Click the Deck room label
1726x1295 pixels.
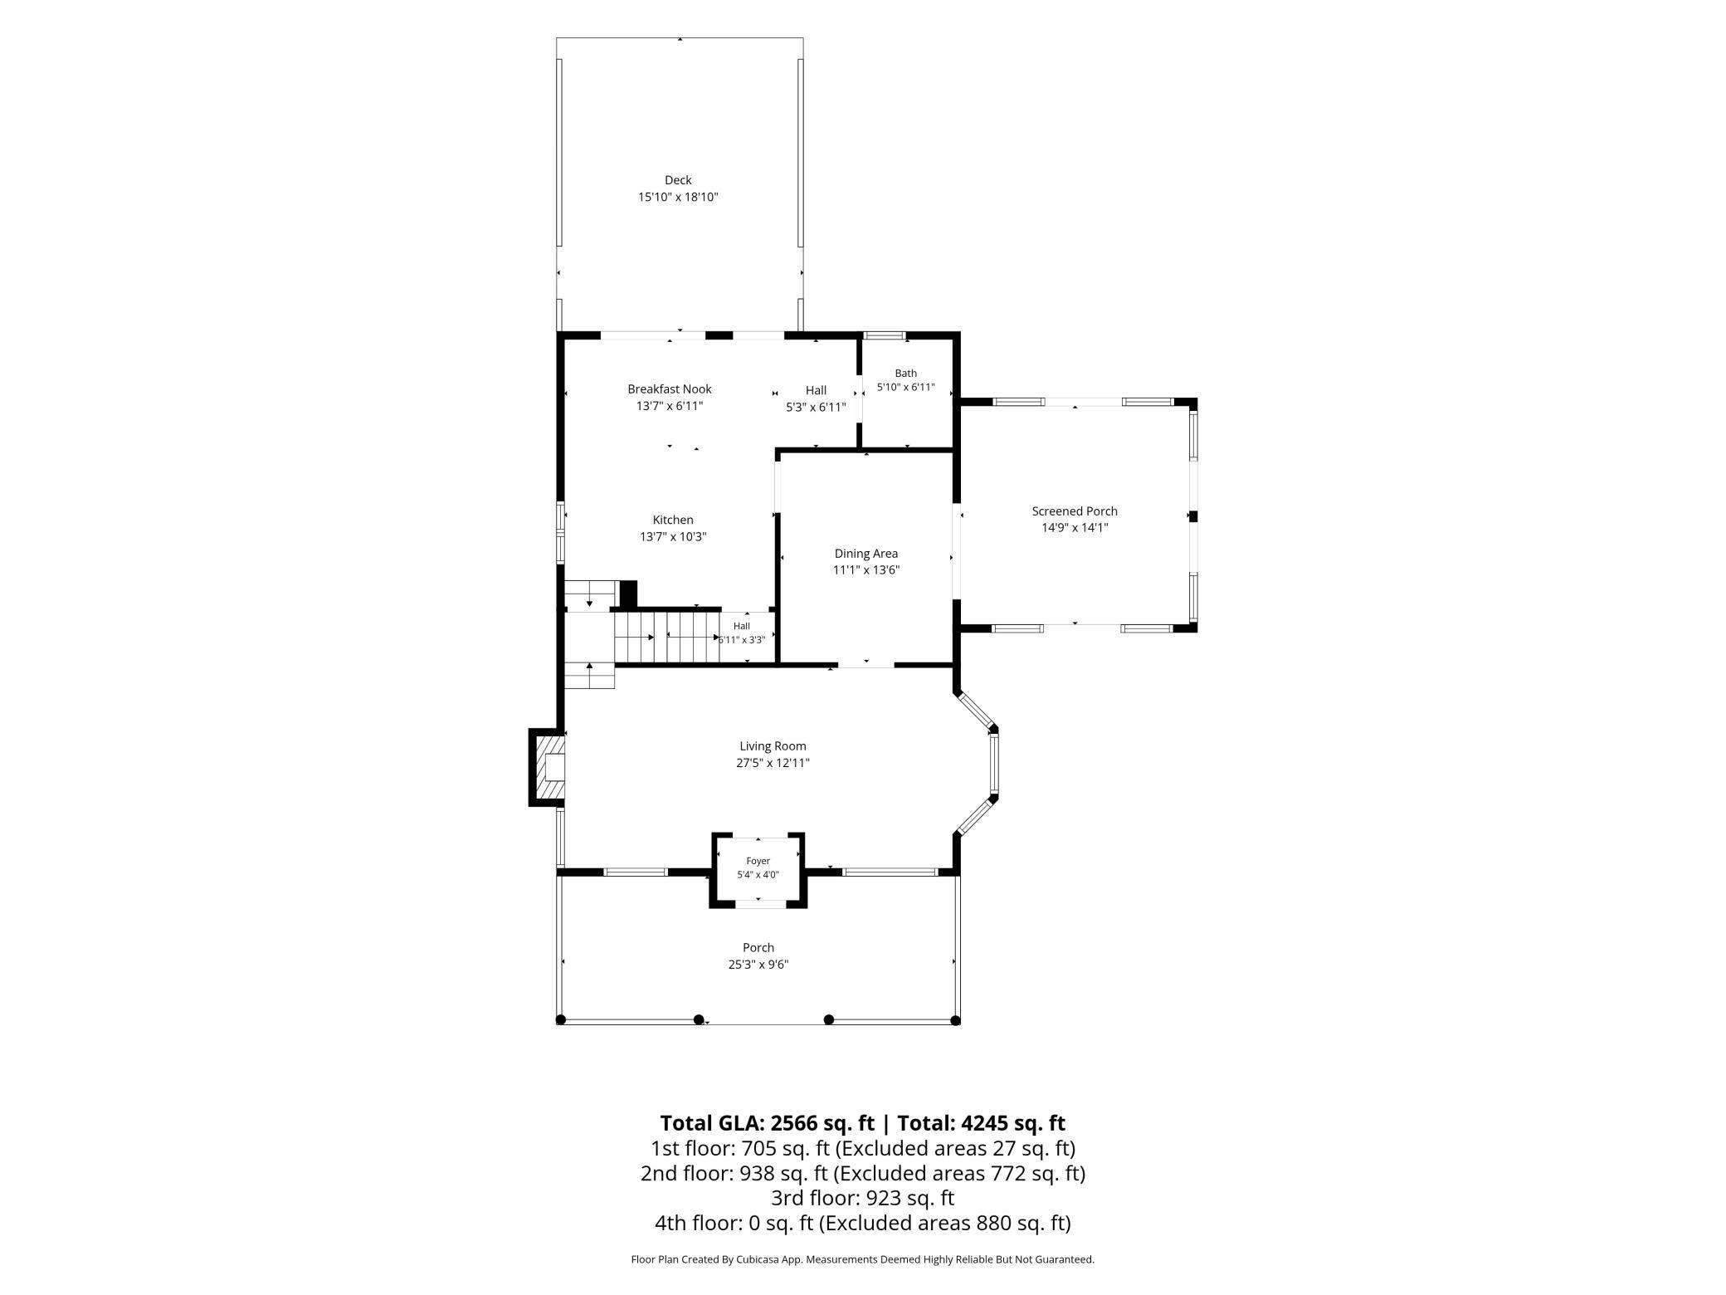(678, 180)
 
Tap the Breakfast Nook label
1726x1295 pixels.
(670, 388)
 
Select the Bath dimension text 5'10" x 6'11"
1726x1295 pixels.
(906, 387)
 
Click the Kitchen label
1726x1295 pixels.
(673, 520)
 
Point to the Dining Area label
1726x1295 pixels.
(866, 554)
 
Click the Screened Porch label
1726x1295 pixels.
(1075, 511)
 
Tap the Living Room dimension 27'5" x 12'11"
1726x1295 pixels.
(773, 763)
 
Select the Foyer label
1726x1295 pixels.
(758, 861)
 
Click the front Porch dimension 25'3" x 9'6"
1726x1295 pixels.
(758, 965)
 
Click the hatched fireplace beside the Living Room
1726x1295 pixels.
(548, 768)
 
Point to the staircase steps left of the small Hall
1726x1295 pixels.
(666, 638)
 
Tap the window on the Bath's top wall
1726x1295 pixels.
(884, 335)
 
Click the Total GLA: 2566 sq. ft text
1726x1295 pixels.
(767, 1123)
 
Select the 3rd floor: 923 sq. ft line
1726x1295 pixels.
(863, 1198)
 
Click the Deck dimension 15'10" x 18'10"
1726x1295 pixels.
(678, 198)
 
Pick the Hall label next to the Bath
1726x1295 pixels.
(816, 390)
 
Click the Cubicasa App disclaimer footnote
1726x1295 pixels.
(863, 1259)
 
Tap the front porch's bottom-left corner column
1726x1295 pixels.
(560, 1019)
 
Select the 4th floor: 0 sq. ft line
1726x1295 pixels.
(863, 1223)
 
